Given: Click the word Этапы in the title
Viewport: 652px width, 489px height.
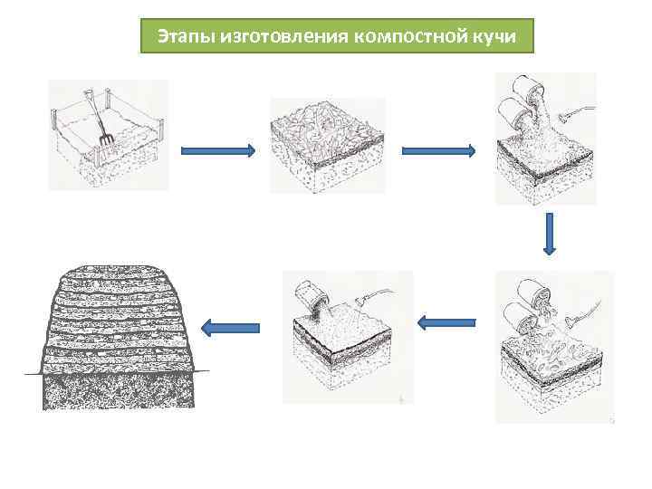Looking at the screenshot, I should [180, 36].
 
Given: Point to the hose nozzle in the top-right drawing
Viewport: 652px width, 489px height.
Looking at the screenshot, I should [569, 114].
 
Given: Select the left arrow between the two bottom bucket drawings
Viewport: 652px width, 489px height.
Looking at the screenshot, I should [446, 321].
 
